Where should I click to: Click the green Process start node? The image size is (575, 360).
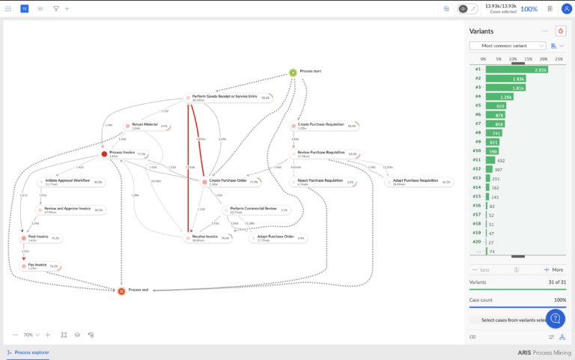pyautogui.click(x=293, y=73)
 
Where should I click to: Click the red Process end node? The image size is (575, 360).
pyautogui.click(x=121, y=290)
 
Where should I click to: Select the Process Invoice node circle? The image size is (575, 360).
pyautogui.click(x=105, y=154)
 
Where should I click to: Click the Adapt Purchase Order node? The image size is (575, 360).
pyautogui.click(x=273, y=238)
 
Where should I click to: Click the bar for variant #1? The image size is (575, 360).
pyautogui.click(x=517, y=70)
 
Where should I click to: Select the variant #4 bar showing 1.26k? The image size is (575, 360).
pyautogui.click(x=499, y=97)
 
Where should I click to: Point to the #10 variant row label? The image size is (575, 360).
pyautogui.click(x=477, y=150)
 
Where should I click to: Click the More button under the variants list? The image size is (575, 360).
pyautogui.click(x=554, y=269)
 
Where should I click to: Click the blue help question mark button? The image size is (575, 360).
pyautogui.click(x=555, y=319)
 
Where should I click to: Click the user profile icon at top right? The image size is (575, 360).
pyautogui.click(x=566, y=8)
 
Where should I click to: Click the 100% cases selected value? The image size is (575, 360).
pyautogui.click(x=529, y=9)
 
